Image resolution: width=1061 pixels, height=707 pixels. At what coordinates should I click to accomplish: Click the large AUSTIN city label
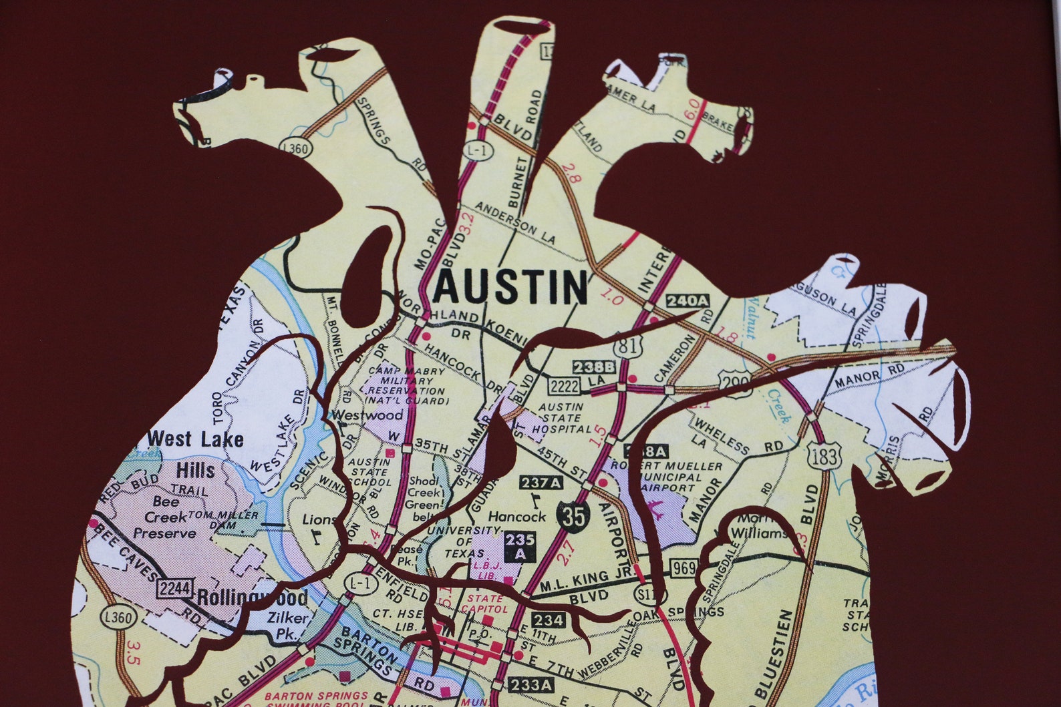point(511,288)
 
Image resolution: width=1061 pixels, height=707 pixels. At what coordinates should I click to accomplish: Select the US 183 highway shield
point(820,457)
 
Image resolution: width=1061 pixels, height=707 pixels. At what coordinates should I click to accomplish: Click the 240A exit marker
point(688,301)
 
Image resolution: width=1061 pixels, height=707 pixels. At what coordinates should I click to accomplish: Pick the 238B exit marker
point(593,367)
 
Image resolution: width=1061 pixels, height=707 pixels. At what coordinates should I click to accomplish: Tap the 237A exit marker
point(541,483)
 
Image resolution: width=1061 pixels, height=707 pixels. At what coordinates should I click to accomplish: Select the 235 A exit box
point(520,547)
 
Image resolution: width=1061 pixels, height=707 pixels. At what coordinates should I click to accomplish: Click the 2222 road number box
point(565,385)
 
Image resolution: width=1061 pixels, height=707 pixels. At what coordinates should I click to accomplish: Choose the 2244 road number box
point(175,589)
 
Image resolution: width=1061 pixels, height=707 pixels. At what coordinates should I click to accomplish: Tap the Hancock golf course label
point(516,516)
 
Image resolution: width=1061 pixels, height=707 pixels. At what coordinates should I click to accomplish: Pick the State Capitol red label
point(485,604)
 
